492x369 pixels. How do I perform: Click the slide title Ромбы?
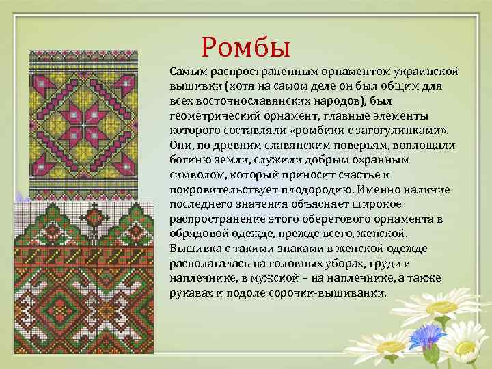[x=247, y=46]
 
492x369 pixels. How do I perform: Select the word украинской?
[x=424, y=72]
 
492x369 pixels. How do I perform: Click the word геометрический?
[x=211, y=115]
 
